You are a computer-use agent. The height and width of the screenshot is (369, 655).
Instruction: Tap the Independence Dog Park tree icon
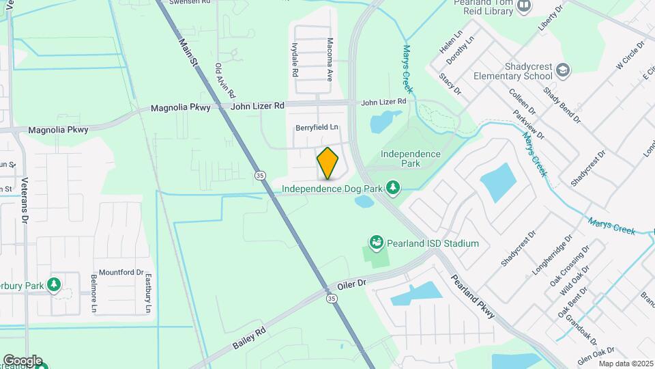pyautogui.click(x=392, y=187)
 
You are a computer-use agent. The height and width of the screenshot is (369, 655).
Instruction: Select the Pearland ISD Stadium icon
pyautogui.click(x=375, y=243)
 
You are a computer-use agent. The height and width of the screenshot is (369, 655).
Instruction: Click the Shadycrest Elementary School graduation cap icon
pyautogui.click(x=562, y=69)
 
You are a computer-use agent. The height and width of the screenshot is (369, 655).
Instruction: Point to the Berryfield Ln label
pyautogui.click(x=317, y=128)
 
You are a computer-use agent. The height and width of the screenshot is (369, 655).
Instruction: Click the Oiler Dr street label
pyautogui.click(x=352, y=282)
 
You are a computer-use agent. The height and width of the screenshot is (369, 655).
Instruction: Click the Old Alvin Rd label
pyautogui.click(x=224, y=80)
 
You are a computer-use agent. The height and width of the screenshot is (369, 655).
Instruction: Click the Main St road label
pyautogui.click(x=188, y=52)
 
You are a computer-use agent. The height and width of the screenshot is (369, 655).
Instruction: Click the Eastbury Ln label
pyautogui.click(x=147, y=293)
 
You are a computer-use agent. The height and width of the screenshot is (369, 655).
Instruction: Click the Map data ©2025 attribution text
pyautogui.click(x=626, y=364)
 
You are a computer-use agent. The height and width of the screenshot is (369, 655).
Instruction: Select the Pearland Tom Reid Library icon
pyautogui.click(x=524, y=6)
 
